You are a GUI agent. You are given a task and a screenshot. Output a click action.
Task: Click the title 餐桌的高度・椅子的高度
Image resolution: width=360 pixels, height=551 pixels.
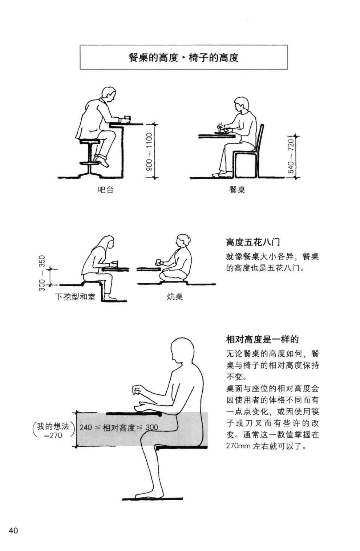[183, 57]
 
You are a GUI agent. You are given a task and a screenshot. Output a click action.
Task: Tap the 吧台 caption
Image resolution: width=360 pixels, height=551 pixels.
[106, 190]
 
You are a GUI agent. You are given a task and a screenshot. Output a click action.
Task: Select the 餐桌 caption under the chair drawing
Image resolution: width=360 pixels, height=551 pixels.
[237, 190]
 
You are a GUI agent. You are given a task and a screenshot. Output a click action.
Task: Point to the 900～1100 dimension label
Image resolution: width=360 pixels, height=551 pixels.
[149, 152]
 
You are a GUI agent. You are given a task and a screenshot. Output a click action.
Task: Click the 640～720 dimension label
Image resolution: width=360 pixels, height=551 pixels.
[291, 156]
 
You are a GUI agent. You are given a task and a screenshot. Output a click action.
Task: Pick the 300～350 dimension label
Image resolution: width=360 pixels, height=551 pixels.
[42, 273]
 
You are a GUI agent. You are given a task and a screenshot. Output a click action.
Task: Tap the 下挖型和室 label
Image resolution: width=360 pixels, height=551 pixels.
[75, 297]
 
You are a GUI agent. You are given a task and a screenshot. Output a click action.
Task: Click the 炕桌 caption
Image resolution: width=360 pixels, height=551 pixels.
[175, 297]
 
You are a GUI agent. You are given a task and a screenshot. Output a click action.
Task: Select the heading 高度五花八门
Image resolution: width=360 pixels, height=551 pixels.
[253, 242]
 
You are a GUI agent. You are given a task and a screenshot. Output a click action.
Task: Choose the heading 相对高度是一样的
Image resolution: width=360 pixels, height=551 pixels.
[262, 340]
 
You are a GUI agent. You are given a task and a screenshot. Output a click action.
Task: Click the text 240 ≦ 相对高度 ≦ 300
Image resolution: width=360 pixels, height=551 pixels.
[118, 428]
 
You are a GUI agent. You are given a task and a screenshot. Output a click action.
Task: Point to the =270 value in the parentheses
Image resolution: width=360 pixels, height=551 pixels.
[53, 435]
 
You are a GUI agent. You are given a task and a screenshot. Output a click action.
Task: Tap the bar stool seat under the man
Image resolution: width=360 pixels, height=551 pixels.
[90, 141]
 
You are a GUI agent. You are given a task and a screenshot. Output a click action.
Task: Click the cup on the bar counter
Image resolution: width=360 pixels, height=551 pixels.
[128, 119]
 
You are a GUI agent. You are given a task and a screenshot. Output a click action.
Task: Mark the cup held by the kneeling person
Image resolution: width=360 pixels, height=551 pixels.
[159, 262]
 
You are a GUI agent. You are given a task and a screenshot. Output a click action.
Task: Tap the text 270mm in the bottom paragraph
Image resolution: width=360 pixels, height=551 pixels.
[238, 446]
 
